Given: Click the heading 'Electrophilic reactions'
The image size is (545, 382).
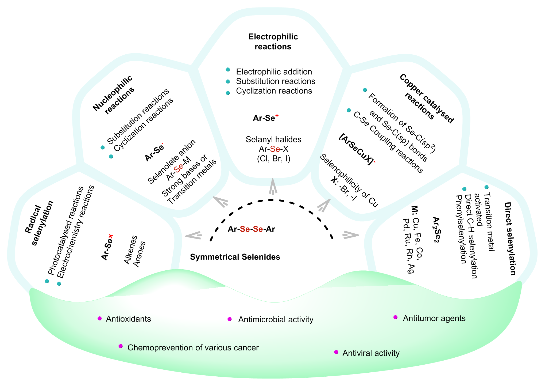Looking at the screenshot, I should [x=273, y=41].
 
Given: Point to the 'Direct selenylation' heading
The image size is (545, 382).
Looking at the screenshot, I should [x=510, y=238].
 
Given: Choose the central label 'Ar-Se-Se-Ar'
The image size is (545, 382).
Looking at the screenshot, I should [x=251, y=229].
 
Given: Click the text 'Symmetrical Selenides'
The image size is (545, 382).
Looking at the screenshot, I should [x=235, y=257].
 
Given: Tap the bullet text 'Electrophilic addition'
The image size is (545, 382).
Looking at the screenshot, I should [x=274, y=72].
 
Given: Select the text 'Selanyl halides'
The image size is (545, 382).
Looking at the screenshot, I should [x=273, y=139].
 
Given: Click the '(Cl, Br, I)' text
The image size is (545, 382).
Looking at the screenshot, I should [x=273, y=159].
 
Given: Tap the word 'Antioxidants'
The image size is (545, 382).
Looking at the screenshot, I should [x=128, y=319].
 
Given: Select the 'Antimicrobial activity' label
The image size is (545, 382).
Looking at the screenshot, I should [x=276, y=319].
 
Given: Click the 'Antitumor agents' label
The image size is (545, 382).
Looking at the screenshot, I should [x=434, y=318].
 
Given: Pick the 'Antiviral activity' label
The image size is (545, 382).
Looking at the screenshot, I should [x=371, y=353].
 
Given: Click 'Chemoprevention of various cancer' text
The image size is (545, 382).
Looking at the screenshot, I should [x=193, y=347].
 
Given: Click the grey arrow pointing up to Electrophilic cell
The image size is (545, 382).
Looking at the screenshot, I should [x=273, y=186].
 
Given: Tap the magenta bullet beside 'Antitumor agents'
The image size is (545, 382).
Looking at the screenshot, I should [x=395, y=317].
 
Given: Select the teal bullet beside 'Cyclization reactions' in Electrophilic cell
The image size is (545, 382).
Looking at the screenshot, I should [x=228, y=93].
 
